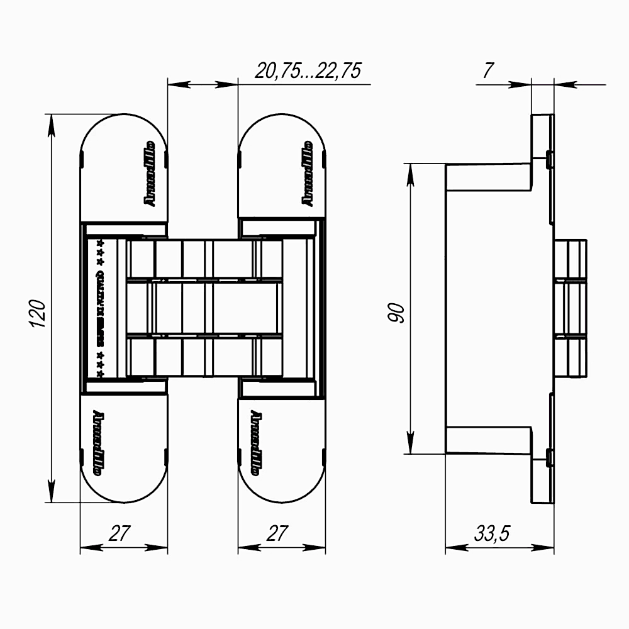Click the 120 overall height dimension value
point(38,313)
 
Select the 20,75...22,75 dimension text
point(308,70)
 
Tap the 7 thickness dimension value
point(487,70)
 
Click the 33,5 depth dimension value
point(492,534)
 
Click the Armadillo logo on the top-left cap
point(150,172)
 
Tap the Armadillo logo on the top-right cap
point(308,172)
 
